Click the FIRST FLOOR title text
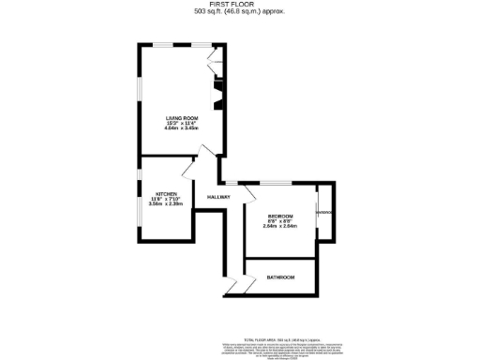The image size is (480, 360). coord(240,5)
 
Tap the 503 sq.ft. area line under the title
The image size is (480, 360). coord(240,12)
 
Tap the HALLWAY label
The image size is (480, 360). coord(219,197)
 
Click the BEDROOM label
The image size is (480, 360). coord(279,214)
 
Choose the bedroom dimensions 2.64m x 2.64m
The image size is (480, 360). coord(279,225)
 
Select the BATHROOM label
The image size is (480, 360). coord(280,277)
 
